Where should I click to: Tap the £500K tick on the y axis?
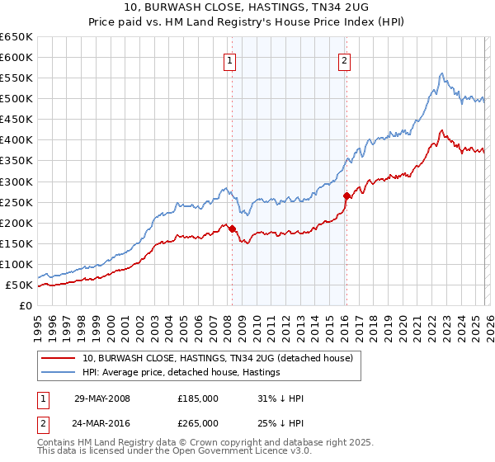tap(16, 99)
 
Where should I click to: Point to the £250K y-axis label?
tap(16, 202)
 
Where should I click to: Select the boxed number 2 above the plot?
tap(343, 59)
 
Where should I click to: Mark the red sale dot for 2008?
tap(233, 229)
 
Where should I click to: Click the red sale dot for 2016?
tap(346, 196)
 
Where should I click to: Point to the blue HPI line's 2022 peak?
tap(442, 74)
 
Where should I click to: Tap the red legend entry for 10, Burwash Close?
tap(218, 358)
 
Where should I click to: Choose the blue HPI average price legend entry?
tap(181, 373)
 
